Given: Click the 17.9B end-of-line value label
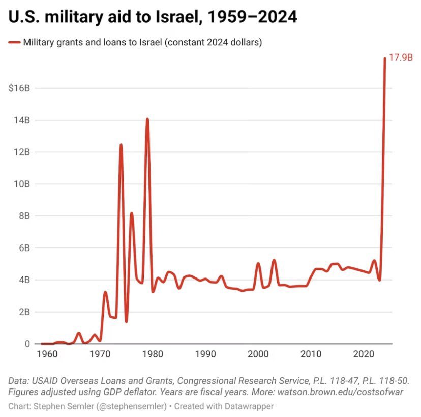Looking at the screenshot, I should point(400,59).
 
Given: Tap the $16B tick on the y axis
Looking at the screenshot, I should point(19,88).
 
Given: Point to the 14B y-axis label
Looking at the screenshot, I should point(22,120).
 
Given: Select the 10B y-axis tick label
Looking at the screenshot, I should point(22,184).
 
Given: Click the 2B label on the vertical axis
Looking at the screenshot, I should point(24,312).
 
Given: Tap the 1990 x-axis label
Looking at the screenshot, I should point(205,353).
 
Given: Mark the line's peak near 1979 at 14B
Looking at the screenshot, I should point(147,119).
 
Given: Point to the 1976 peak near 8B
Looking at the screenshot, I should point(131,213).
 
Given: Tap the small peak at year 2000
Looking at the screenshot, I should point(258,263).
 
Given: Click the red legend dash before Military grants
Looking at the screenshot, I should point(14,42).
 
